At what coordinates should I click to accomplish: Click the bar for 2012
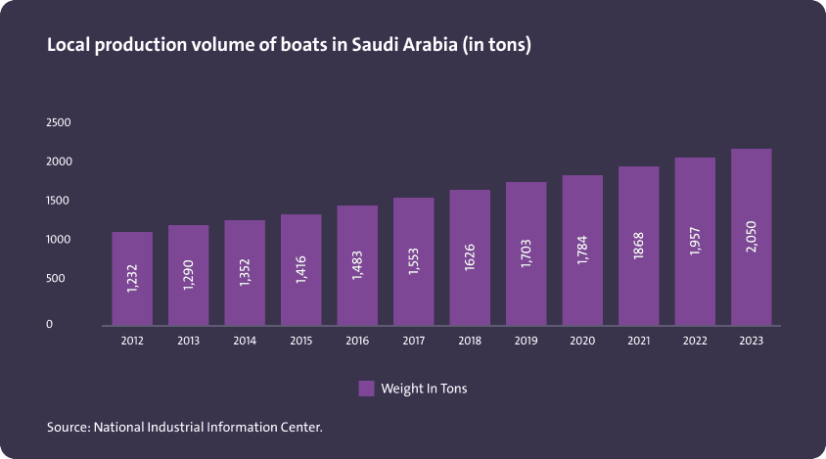click(x=132, y=278)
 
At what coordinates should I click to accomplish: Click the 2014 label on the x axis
click(x=245, y=342)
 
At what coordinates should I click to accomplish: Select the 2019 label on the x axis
click(x=526, y=342)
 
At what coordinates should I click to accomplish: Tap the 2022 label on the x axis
click(x=695, y=342)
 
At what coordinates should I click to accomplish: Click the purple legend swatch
click(x=366, y=389)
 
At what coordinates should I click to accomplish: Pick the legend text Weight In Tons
click(x=424, y=389)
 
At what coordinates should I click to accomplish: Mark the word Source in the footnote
click(x=68, y=428)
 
